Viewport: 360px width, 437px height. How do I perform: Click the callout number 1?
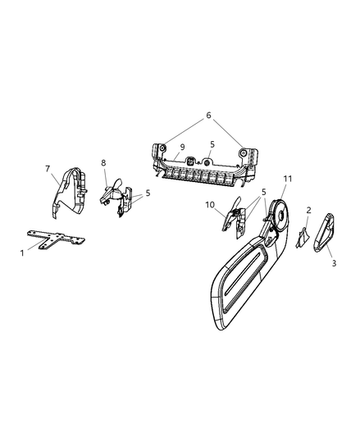pos(22,253)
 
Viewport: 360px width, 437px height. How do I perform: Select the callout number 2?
pos(308,210)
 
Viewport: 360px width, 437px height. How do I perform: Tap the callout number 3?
pos(334,263)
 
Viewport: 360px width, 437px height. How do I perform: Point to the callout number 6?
pos(208,115)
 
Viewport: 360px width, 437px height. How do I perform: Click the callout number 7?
pos(48,169)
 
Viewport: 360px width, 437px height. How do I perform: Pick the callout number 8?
pos(103,163)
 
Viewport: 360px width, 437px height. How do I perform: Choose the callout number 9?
pos(182,147)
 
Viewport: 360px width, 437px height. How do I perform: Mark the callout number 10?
pos(210,205)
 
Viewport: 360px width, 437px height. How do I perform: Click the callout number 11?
pos(288,179)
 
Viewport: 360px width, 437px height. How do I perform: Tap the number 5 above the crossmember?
pos(212,144)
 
